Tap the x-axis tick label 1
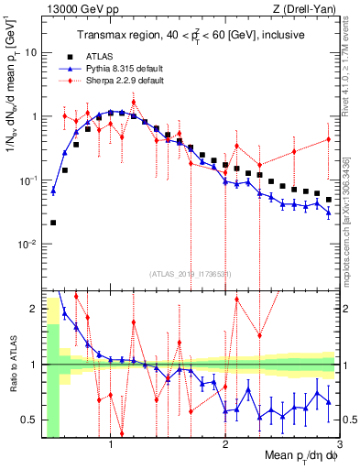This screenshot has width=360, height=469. (111, 446)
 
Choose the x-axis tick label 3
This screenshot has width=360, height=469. (339, 446)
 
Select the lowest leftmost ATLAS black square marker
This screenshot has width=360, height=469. (53, 223)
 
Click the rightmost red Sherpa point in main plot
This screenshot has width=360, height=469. (328, 139)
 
